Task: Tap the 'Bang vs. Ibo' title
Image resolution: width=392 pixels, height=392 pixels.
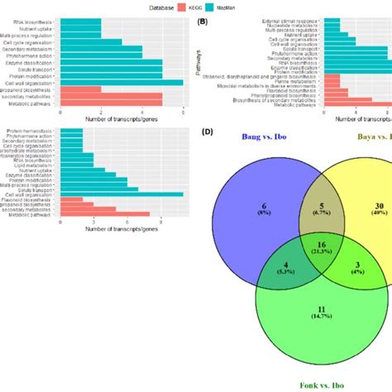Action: [265, 137]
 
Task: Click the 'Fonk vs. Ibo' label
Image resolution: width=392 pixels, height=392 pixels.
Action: [313, 385]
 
